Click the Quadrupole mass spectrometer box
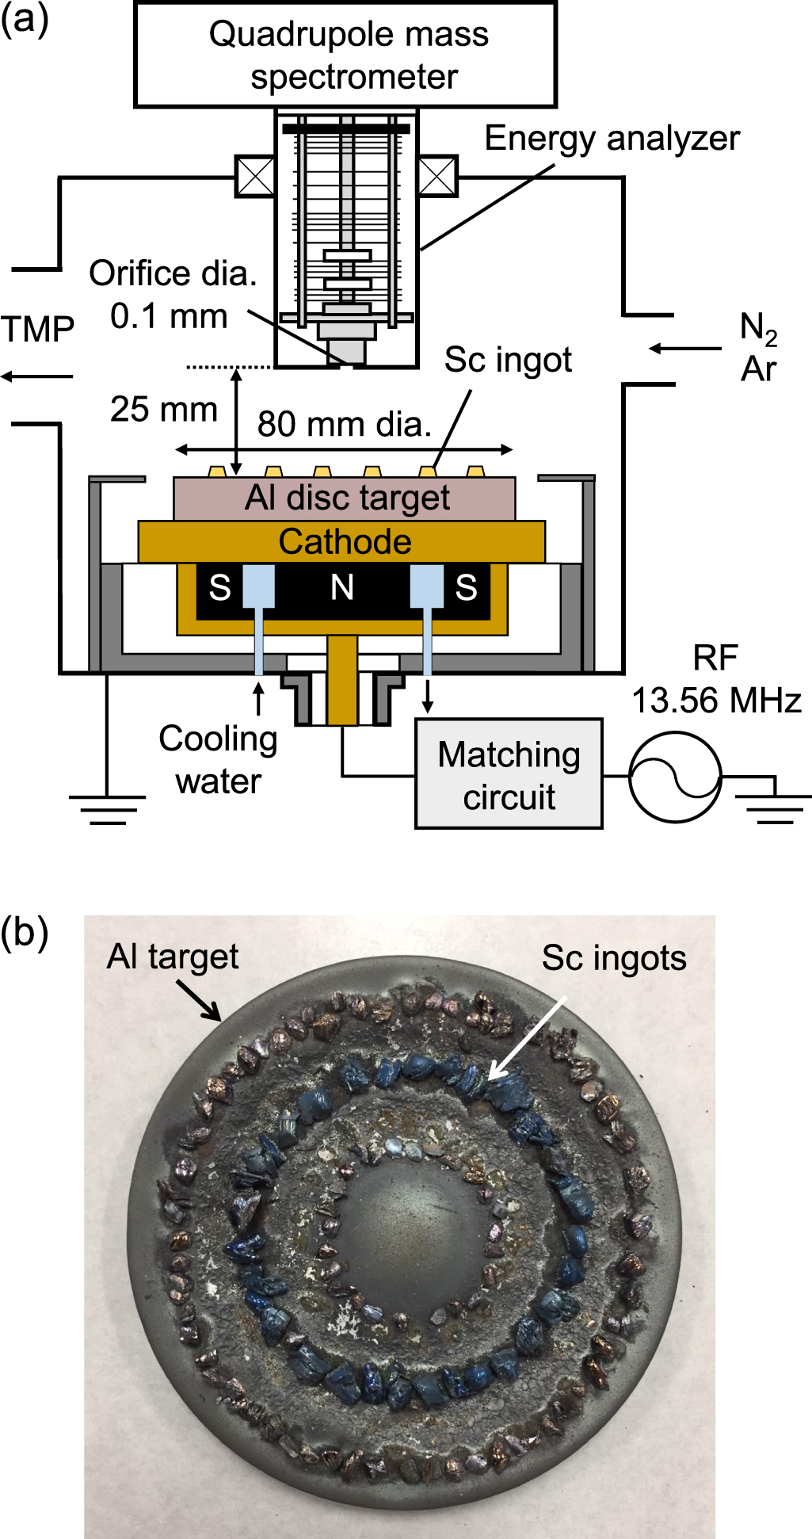[x=345, y=55]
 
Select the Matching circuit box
[x=509, y=774]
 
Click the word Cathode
[x=345, y=542]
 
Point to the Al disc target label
[x=347, y=498]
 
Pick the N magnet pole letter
[x=342, y=588]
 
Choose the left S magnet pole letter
[x=220, y=588]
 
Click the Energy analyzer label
[x=612, y=139]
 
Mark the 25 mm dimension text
[x=163, y=410]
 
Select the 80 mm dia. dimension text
[x=345, y=425]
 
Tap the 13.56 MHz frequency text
[x=716, y=701]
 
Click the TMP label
[x=37, y=329]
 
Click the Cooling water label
[x=218, y=760]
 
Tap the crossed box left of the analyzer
[x=255, y=176]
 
